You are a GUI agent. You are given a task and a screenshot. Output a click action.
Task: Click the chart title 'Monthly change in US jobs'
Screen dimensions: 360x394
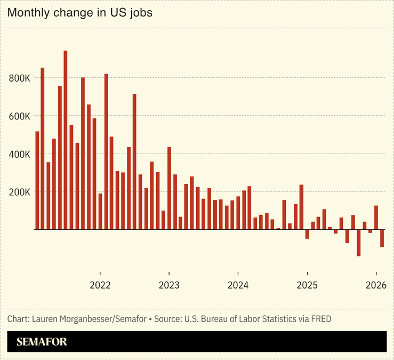80,13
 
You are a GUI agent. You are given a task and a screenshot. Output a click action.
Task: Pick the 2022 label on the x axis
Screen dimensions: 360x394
100,285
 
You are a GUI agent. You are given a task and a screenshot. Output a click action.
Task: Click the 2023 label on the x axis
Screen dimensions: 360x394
169,285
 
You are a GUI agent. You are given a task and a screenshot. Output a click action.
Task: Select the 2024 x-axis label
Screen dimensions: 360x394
238,285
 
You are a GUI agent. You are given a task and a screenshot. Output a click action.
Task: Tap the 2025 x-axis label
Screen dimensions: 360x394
307,285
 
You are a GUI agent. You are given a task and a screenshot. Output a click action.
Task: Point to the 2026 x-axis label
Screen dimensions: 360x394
376,285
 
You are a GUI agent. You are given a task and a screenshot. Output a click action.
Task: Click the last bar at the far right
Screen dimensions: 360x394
382,238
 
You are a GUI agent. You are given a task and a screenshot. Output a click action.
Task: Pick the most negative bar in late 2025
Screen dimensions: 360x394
359,243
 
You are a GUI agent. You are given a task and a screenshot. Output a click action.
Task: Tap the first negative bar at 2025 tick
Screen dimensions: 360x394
307,234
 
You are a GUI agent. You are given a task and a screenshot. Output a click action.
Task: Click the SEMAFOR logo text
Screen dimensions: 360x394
42,342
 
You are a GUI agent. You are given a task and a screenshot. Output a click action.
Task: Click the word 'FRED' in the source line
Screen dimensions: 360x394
320,319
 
